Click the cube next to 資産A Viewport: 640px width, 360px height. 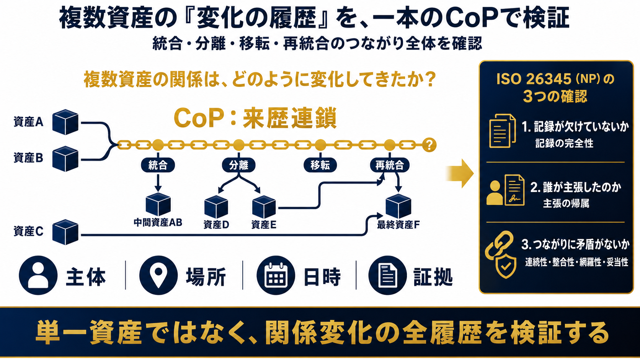65,122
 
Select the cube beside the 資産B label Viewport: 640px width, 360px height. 65,159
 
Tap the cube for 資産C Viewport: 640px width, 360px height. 65,232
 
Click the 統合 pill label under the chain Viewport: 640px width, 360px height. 158,165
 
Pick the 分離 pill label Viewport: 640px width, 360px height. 238,165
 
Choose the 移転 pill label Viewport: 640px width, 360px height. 320,165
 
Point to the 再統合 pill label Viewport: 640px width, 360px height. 390,165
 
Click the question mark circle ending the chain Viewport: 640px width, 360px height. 429,145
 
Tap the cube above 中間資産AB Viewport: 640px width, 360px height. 158,204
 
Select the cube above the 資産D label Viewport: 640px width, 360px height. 216,207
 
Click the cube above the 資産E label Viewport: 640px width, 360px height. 264,207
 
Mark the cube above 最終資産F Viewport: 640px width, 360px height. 398,206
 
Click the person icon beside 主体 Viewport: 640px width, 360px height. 38,275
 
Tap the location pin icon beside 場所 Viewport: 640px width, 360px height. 158,275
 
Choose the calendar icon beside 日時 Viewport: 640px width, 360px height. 276,275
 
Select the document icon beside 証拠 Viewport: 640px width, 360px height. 388,275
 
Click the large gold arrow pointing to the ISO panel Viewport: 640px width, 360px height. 460,173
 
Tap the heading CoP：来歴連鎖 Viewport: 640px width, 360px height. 255,118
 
